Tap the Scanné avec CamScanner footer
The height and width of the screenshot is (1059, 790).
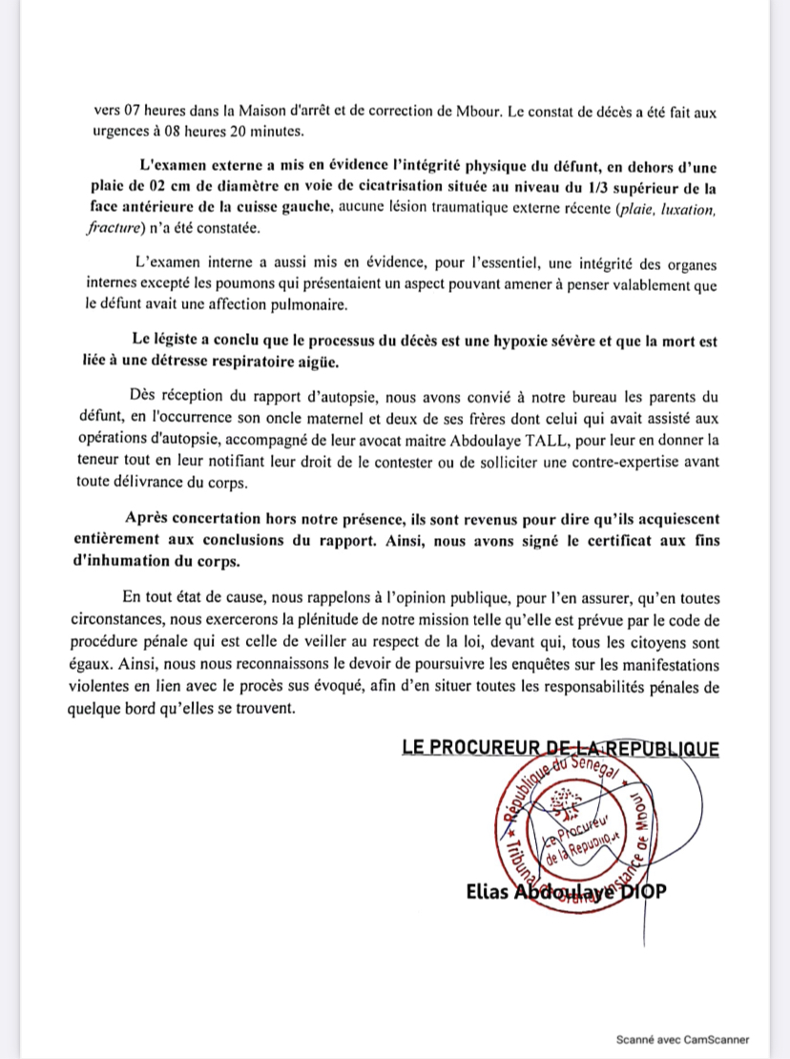pos(682,1039)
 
